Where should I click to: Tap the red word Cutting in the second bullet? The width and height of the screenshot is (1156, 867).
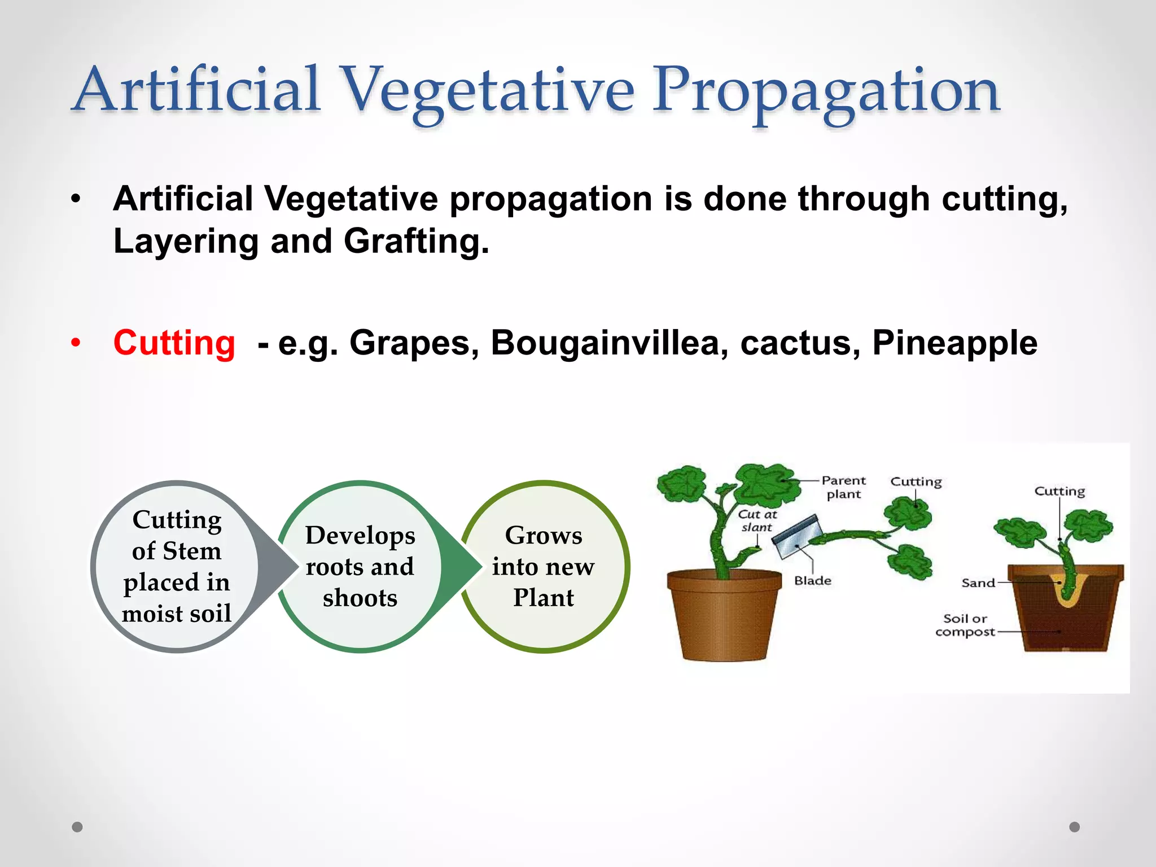(174, 343)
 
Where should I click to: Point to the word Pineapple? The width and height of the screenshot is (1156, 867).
(954, 343)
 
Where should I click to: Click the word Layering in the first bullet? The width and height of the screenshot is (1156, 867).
(186, 241)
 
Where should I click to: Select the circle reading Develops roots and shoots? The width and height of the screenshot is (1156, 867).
(360, 566)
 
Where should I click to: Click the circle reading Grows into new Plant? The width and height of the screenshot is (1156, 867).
(544, 566)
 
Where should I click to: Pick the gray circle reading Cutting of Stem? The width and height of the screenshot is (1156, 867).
(177, 566)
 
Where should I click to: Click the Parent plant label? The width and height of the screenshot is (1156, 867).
(843, 487)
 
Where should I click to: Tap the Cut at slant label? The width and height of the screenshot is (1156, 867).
(757, 520)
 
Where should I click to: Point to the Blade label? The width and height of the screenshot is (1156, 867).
(812, 581)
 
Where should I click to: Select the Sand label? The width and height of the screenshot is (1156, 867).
(978, 583)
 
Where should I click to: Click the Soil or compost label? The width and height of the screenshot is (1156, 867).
(965, 625)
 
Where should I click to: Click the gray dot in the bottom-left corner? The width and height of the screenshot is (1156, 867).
(77, 827)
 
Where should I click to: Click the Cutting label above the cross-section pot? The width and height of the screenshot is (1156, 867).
(1059, 491)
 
